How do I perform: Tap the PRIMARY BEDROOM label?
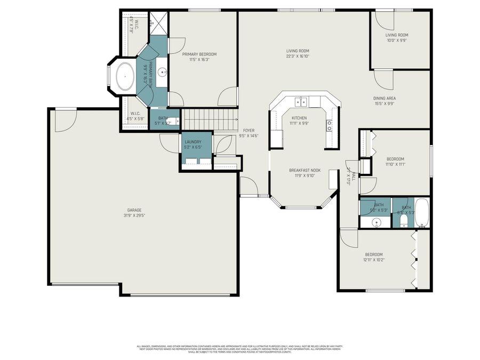pos(199,54)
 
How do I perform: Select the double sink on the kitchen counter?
pos(301,102)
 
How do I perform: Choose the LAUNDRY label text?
pos(193,141)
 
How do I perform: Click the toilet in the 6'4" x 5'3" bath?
pos(404,219)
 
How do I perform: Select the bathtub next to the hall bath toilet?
pos(422,212)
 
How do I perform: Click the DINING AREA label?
pos(384,98)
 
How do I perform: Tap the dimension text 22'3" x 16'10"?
pos(298,56)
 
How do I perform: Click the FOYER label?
pos(249,130)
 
